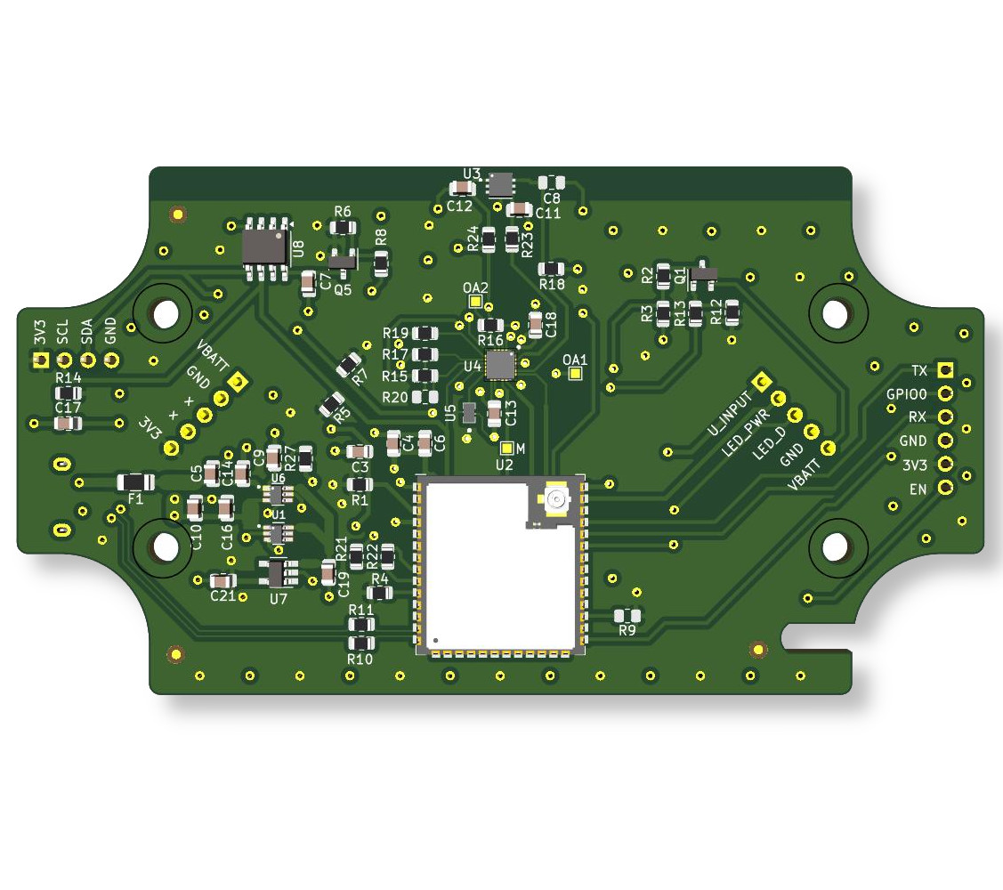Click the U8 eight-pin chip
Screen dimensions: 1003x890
tap(267, 247)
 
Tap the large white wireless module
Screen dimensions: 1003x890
tap(501, 565)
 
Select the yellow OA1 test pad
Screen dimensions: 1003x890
tap(575, 374)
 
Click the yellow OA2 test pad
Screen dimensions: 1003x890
tap(475, 302)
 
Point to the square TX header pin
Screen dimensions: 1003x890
tap(945, 370)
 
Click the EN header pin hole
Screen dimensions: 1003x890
tap(945, 488)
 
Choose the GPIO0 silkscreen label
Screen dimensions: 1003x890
tap(906, 394)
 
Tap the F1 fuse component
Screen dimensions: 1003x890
tap(135, 481)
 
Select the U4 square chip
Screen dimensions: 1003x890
tap(500, 365)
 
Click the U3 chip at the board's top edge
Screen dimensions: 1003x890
tap(500, 184)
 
